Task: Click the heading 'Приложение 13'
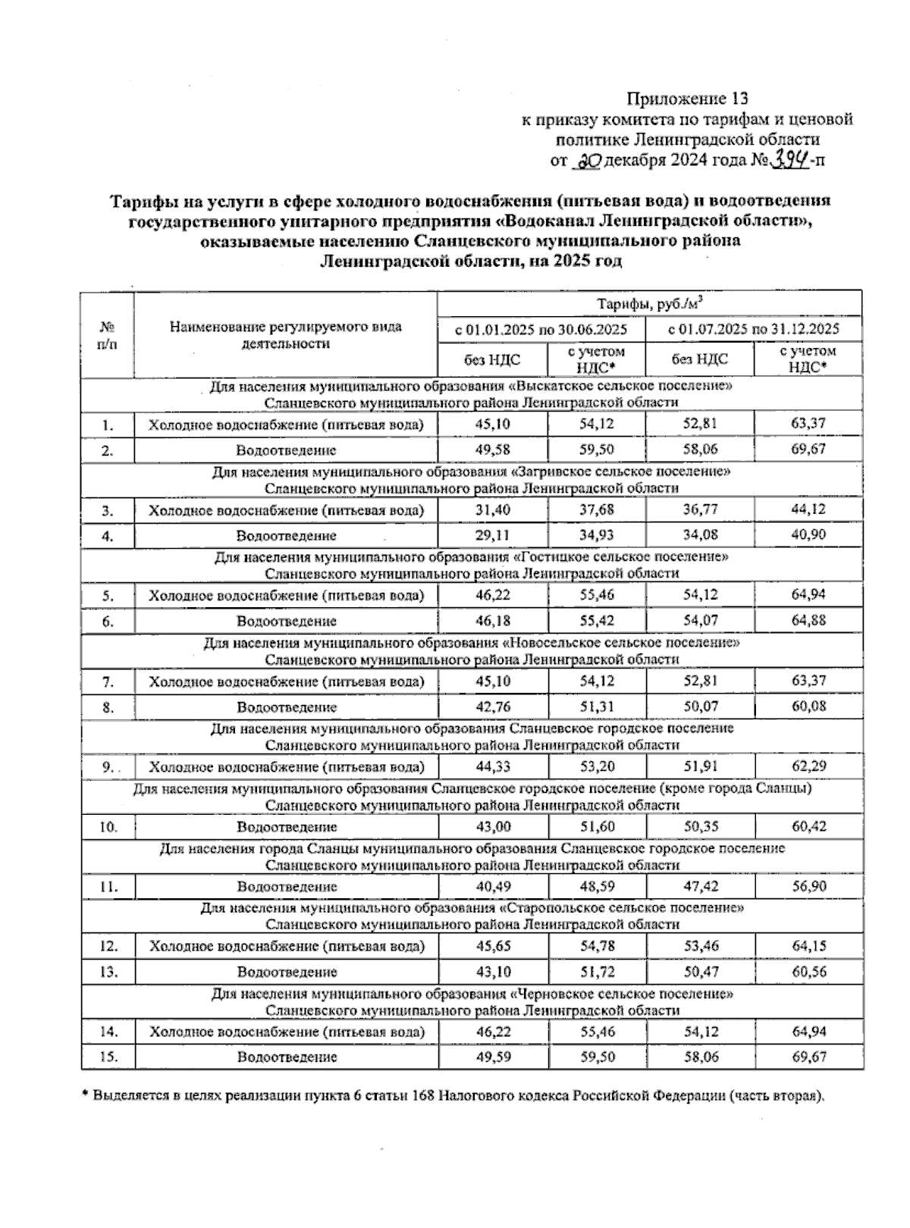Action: click(687, 99)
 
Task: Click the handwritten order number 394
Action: click(789, 159)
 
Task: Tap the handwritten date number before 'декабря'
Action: click(588, 160)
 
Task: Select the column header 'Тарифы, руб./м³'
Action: click(650, 304)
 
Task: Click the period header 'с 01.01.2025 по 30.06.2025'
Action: click(541, 329)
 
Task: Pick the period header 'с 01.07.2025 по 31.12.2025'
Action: click(754, 329)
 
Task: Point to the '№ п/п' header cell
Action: click(108, 335)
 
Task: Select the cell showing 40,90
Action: click(808, 535)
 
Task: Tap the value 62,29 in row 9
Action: click(808, 766)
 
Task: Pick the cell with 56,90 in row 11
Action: click(808, 886)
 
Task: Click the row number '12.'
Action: click(108, 946)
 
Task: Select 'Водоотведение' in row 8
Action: click(286, 707)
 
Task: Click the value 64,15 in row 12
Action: click(808, 946)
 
